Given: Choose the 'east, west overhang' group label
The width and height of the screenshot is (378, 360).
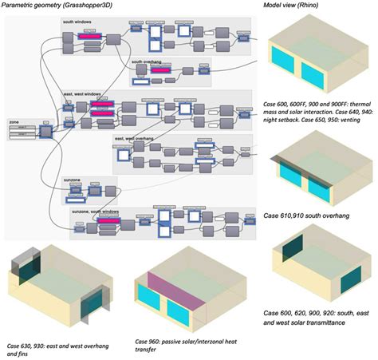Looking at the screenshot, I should click(134, 137).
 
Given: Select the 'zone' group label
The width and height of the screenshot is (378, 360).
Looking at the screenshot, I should click(14, 122).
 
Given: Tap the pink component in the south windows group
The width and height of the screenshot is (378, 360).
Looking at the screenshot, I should click(89, 36).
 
